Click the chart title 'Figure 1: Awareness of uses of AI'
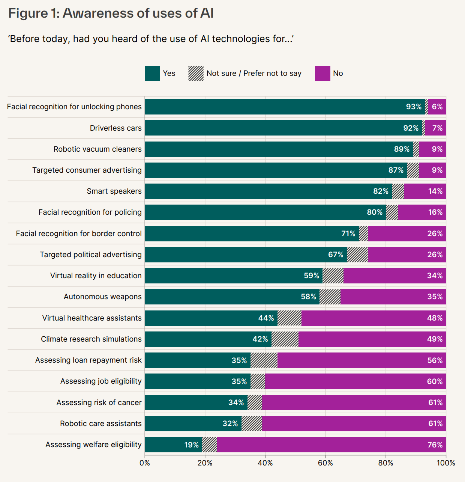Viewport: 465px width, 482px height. coord(111,13)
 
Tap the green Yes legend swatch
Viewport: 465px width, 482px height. coord(152,73)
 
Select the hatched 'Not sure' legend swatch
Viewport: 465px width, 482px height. coord(196,73)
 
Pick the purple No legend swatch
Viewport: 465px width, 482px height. coord(322,73)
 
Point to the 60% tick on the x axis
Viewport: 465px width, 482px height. coord(325,463)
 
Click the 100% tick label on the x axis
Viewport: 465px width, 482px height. coord(445,463)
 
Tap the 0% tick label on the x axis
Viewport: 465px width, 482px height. coord(145,463)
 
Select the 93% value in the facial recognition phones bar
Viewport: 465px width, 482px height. coord(414,107)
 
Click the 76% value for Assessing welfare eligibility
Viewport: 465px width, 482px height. coord(435,445)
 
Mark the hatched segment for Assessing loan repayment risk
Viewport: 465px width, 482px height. coord(264,360)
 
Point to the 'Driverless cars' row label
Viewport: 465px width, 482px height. coord(115,128)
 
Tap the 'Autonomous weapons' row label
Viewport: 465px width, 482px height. coord(102,297)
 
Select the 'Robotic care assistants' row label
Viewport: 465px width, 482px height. coord(100,423)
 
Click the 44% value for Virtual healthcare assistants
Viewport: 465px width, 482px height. coord(266,318)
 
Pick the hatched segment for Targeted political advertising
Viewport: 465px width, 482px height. coord(357,255)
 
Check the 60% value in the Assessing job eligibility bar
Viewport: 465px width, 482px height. coord(435,381)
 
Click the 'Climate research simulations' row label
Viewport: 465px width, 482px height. coord(91,339)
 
